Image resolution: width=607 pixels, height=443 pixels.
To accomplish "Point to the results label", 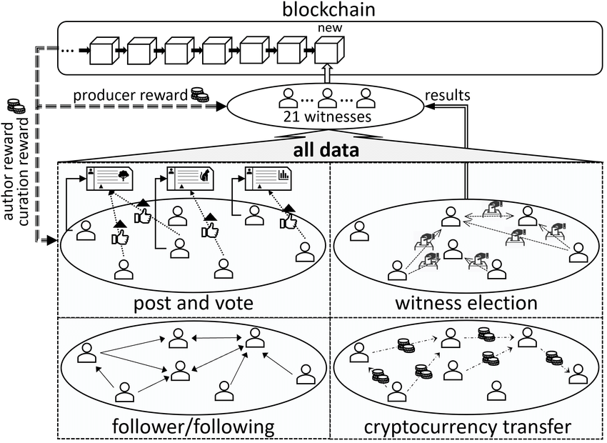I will pyautogui.click(x=447, y=94).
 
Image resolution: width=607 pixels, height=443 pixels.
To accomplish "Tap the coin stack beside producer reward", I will pyautogui.click(x=198, y=94).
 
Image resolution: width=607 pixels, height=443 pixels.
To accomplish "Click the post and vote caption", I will pyautogui.click(x=194, y=303).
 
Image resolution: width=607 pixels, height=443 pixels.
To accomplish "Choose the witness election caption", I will pyautogui.click(x=466, y=303).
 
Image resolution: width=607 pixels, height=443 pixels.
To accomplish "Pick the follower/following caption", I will pyautogui.click(x=194, y=427).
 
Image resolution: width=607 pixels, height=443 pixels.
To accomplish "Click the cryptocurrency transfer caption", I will pyautogui.click(x=467, y=427).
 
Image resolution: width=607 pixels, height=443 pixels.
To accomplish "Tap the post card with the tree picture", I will pyautogui.click(x=111, y=178).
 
